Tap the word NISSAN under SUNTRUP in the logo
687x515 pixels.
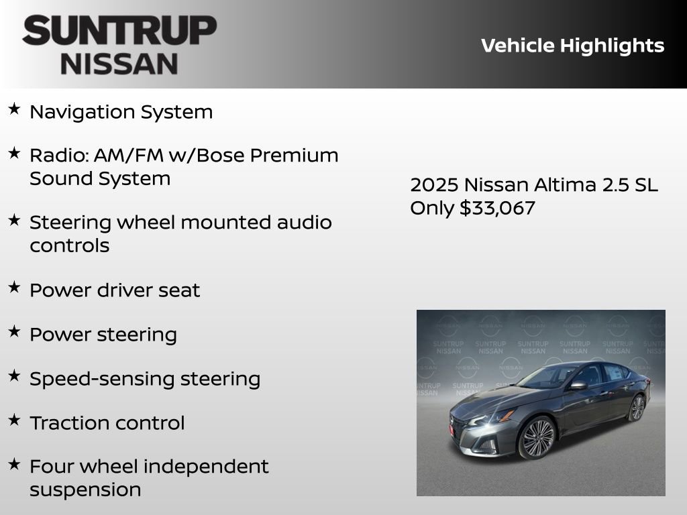pos(119,64)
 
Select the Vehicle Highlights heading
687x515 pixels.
pos(572,46)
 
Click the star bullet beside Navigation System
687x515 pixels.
pos(14,109)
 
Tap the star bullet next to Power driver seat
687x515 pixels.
pos(14,287)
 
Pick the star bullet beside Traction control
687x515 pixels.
pos(14,420)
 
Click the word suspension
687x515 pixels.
pos(85,490)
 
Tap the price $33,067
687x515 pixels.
pos(497,208)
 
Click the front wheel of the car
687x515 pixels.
pos(537,437)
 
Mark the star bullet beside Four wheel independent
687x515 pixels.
pos(14,463)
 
